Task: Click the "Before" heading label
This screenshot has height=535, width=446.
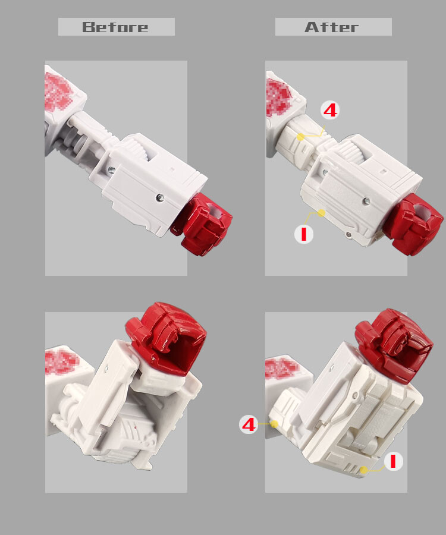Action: [x=116, y=27]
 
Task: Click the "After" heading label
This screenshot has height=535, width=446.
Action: [x=332, y=27]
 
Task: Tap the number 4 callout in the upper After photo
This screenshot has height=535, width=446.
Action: [x=330, y=110]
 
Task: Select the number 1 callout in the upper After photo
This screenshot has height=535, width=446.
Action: [x=304, y=234]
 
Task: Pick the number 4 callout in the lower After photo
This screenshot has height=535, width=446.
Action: [x=249, y=424]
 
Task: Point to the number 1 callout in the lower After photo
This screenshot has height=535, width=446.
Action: [x=393, y=461]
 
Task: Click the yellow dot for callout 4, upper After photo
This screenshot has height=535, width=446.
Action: [x=300, y=137]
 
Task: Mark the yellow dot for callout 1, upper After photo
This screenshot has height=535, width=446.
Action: [x=321, y=212]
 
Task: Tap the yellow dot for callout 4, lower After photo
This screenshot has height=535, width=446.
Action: [x=275, y=424]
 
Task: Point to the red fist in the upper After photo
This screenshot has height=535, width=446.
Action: [x=419, y=224]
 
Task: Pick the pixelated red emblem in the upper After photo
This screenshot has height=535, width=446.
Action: [x=279, y=96]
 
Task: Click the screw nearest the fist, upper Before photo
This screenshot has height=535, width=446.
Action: [x=159, y=196]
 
